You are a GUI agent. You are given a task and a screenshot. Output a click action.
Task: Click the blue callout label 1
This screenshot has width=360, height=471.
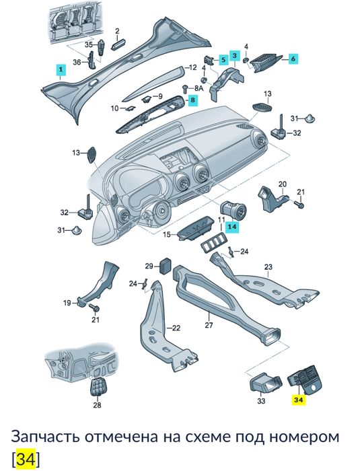(x=61, y=69)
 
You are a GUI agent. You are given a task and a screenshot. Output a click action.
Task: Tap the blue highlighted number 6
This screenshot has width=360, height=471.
(x=293, y=59)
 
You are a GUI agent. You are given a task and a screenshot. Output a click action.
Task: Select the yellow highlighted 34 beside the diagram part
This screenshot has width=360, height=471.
(x=298, y=400)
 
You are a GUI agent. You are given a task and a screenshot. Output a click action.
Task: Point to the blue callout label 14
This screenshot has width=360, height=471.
(x=232, y=227)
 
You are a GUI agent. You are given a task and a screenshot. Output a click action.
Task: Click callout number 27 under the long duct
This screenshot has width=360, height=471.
(x=209, y=326)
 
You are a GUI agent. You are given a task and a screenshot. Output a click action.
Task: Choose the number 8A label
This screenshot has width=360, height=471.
(x=198, y=88)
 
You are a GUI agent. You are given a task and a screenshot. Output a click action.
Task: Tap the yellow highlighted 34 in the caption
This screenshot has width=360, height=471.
(x=24, y=460)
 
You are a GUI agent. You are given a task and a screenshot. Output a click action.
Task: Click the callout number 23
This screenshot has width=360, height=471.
(x=267, y=267)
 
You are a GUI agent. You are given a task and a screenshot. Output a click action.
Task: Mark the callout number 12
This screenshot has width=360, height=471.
(x=192, y=67)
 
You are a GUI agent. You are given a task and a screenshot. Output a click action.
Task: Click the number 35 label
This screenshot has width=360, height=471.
(x=87, y=44)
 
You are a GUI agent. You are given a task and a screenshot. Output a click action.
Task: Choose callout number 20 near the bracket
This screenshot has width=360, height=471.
(x=283, y=184)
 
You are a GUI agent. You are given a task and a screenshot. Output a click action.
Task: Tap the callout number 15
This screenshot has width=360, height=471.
(x=166, y=234)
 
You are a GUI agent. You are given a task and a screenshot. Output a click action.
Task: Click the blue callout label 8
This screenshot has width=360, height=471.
(x=192, y=101)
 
